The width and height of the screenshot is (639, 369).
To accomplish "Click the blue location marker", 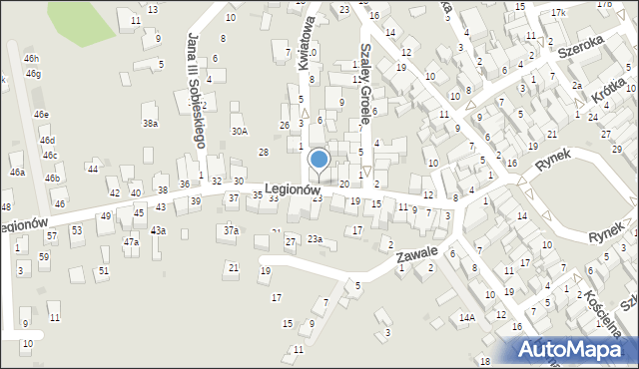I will [x=319, y=159].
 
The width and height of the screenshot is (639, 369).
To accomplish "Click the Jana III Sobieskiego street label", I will [x=196, y=88].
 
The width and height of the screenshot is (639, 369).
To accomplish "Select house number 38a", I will [x=150, y=124].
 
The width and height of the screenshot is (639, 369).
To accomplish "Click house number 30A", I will [x=239, y=131].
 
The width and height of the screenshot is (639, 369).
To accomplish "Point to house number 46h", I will [x=32, y=60].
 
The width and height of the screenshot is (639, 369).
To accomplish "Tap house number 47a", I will [x=131, y=241].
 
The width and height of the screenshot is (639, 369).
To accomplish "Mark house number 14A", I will [x=465, y=317].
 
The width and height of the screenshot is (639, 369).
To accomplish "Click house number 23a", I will [x=315, y=238].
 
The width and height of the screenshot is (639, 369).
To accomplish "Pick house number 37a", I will [x=231, y=230].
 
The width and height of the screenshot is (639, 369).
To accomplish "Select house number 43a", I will [x=158, y=230].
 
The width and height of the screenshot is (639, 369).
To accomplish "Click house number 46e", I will [x=41, y=115].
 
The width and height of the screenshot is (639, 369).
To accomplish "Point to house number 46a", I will [x=17, y=172].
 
